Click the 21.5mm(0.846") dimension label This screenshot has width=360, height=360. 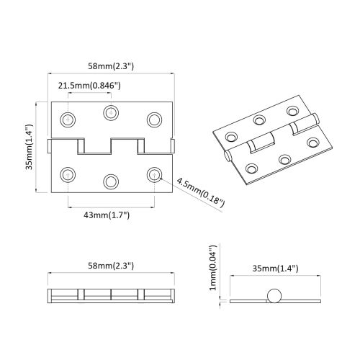click(x=89, y=86)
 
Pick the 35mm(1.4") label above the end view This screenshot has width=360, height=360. click(x=271, y=269)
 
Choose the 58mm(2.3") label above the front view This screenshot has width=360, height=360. click(x=112, y=66)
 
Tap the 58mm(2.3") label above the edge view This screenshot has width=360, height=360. click(x=112, y=265)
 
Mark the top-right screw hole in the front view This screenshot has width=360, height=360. click(x=153, y=118)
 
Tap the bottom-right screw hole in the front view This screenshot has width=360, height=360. click(x=153, y=174)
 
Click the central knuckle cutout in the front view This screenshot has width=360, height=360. click(x=112, y=147)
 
